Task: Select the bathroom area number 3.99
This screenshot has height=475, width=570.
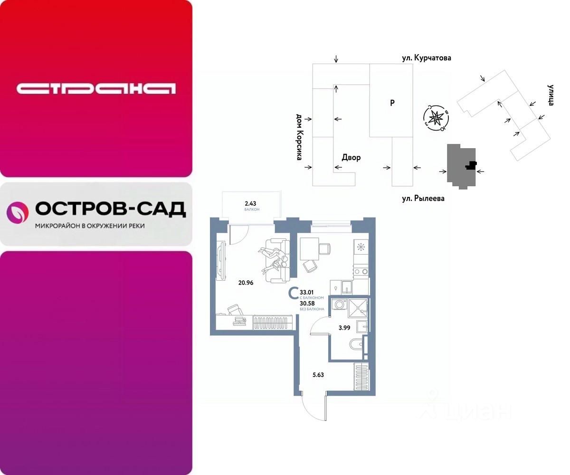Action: click(x=344, y=328)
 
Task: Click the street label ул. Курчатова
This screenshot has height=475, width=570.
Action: click(x=425, y=58)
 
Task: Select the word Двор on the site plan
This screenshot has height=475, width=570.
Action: click(x=351, y=157)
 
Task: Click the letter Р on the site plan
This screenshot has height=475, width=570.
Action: click(x=392, y=102)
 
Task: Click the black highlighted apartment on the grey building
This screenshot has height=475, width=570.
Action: click(x=470, y=165)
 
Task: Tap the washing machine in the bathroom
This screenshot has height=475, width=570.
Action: click(x=339, y=304)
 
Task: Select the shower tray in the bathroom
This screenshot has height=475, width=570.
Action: click(x=358, y=307)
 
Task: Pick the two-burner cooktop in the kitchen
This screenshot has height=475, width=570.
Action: click(x=361, y=272)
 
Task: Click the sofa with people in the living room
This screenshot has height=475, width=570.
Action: click(x=275, y=259)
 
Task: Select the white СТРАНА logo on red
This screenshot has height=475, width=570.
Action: click(x=96, y=88)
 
